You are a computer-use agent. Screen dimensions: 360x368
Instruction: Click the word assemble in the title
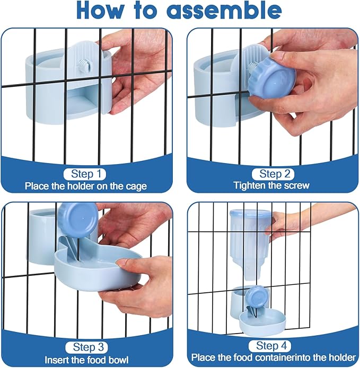(225, 11)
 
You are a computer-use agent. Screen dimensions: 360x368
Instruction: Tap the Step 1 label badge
(85, 174)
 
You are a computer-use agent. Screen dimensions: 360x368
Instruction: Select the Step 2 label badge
(273, 174)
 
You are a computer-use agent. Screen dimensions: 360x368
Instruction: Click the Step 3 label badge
(86, 347)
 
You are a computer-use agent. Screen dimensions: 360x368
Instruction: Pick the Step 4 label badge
(270, 346)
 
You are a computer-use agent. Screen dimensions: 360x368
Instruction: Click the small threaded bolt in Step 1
(81, 64)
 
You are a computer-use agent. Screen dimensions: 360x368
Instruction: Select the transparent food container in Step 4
(250, 244)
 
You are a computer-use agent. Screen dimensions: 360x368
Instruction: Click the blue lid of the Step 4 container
(251, 213)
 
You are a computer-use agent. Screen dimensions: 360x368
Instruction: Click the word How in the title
(100, 11)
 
